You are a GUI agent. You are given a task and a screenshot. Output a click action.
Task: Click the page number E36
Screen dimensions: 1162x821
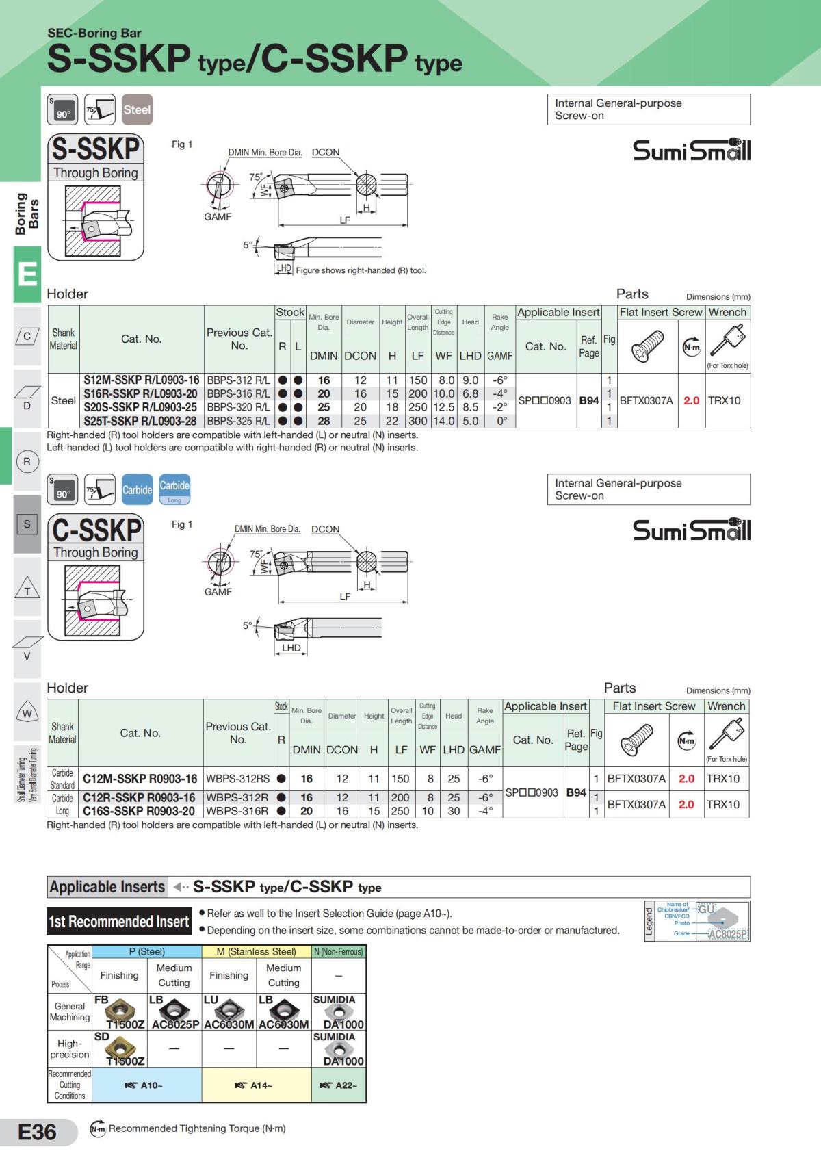37,1132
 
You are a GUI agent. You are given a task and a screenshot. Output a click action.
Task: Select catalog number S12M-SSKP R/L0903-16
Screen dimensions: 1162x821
142,380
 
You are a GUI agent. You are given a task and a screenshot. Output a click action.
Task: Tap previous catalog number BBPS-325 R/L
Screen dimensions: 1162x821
238,422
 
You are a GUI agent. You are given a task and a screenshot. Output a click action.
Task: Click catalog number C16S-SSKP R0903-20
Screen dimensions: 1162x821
139,811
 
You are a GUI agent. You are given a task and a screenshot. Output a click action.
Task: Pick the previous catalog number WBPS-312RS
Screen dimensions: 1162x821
237,779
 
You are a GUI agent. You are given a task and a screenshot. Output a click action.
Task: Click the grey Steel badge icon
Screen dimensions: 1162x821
137,109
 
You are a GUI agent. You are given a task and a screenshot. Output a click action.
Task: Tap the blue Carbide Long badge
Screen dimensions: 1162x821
174,489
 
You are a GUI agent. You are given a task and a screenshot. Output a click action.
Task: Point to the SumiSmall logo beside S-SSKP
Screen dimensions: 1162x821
692,149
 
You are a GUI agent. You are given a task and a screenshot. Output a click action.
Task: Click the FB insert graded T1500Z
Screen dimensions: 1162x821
120,1012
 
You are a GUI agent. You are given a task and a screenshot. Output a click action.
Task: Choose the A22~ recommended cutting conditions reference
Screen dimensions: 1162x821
339,1085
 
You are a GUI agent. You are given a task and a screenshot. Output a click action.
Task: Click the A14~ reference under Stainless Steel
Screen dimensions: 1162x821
256,1085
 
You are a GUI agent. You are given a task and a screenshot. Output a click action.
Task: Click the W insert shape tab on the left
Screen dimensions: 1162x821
27,714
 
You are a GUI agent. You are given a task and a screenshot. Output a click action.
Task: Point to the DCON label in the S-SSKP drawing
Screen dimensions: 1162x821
326,152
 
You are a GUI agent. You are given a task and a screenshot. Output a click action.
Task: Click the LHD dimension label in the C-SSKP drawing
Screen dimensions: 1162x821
291,647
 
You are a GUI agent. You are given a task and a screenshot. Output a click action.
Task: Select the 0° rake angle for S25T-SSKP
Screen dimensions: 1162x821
501,422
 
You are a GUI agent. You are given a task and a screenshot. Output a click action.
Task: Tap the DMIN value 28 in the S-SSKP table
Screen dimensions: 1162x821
324,422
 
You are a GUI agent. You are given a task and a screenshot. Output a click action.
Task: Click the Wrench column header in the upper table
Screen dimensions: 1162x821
727,312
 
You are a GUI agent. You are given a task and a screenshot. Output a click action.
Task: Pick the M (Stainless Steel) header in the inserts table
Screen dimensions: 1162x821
256,951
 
